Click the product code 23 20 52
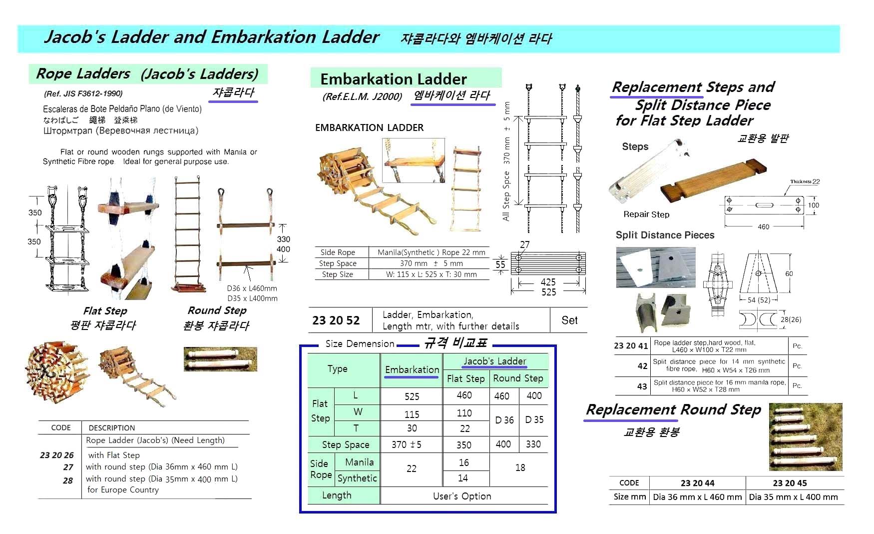pos(336,320)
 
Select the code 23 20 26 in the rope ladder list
pos(56,455)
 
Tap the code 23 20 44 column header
pos(697,483)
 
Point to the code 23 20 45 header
pos(790,483)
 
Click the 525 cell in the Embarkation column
pos(412,396)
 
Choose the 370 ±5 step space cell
pos(406,444)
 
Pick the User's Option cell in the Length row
pos(462,496)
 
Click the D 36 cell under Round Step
pos(504,420)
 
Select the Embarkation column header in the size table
pos(412,369)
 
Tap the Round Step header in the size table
pos(518,378)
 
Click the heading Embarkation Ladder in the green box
pos(394,79)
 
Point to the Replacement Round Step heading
pos(673,410)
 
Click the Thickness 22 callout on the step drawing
pos(805,182)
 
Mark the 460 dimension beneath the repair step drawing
pos(763,227)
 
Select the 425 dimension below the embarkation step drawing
pos(548,282)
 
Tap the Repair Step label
pos(646,214)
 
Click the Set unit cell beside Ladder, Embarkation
pos(569,320)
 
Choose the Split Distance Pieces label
pos(665,235)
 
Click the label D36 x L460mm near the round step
pos(252,288)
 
